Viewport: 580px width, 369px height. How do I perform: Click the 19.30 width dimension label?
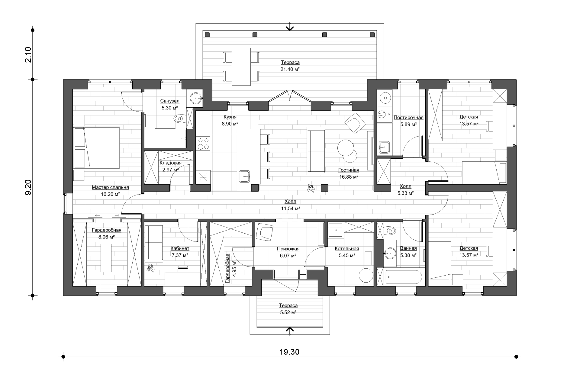point(289,352)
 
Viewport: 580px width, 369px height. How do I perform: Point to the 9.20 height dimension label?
point(28,187)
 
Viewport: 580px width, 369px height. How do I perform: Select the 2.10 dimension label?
point(28,55)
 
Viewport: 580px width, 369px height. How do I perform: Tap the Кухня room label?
point(230,117)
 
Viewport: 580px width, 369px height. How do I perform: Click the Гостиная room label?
point(349,170)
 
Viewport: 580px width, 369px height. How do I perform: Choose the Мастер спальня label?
point(110,187)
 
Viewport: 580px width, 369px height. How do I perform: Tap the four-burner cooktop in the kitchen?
point(203,144)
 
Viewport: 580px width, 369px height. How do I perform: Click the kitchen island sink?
point(244,176)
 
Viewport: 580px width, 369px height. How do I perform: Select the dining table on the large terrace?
point(241,66)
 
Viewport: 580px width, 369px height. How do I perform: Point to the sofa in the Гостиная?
point(316,151)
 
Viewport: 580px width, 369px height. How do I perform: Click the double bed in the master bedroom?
point(96,147)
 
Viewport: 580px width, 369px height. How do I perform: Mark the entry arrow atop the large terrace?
point(290,27)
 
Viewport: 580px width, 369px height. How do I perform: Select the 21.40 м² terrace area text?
point(290,69)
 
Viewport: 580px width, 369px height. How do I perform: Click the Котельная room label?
point(347,249)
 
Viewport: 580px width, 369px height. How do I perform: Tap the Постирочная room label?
point(408,118)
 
